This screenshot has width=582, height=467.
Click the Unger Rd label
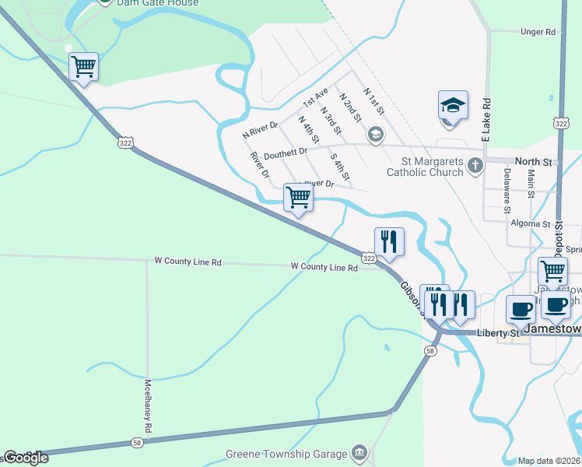point(538,32)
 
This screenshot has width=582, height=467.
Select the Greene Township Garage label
point(286,454)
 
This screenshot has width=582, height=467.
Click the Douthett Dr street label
point(286,155)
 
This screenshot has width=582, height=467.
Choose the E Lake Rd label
point(487,113)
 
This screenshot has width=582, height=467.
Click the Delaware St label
point(507,191)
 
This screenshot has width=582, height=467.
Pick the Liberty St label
point(503,333)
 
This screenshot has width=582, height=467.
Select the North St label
point(533,162)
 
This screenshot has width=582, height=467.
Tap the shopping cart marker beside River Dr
point(299,197)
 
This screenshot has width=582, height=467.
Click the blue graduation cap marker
point(453,104)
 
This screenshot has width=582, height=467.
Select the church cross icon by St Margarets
point(474,164)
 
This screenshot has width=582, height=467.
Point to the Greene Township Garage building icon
point(359,452)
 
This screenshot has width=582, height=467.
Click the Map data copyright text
point(549,461)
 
